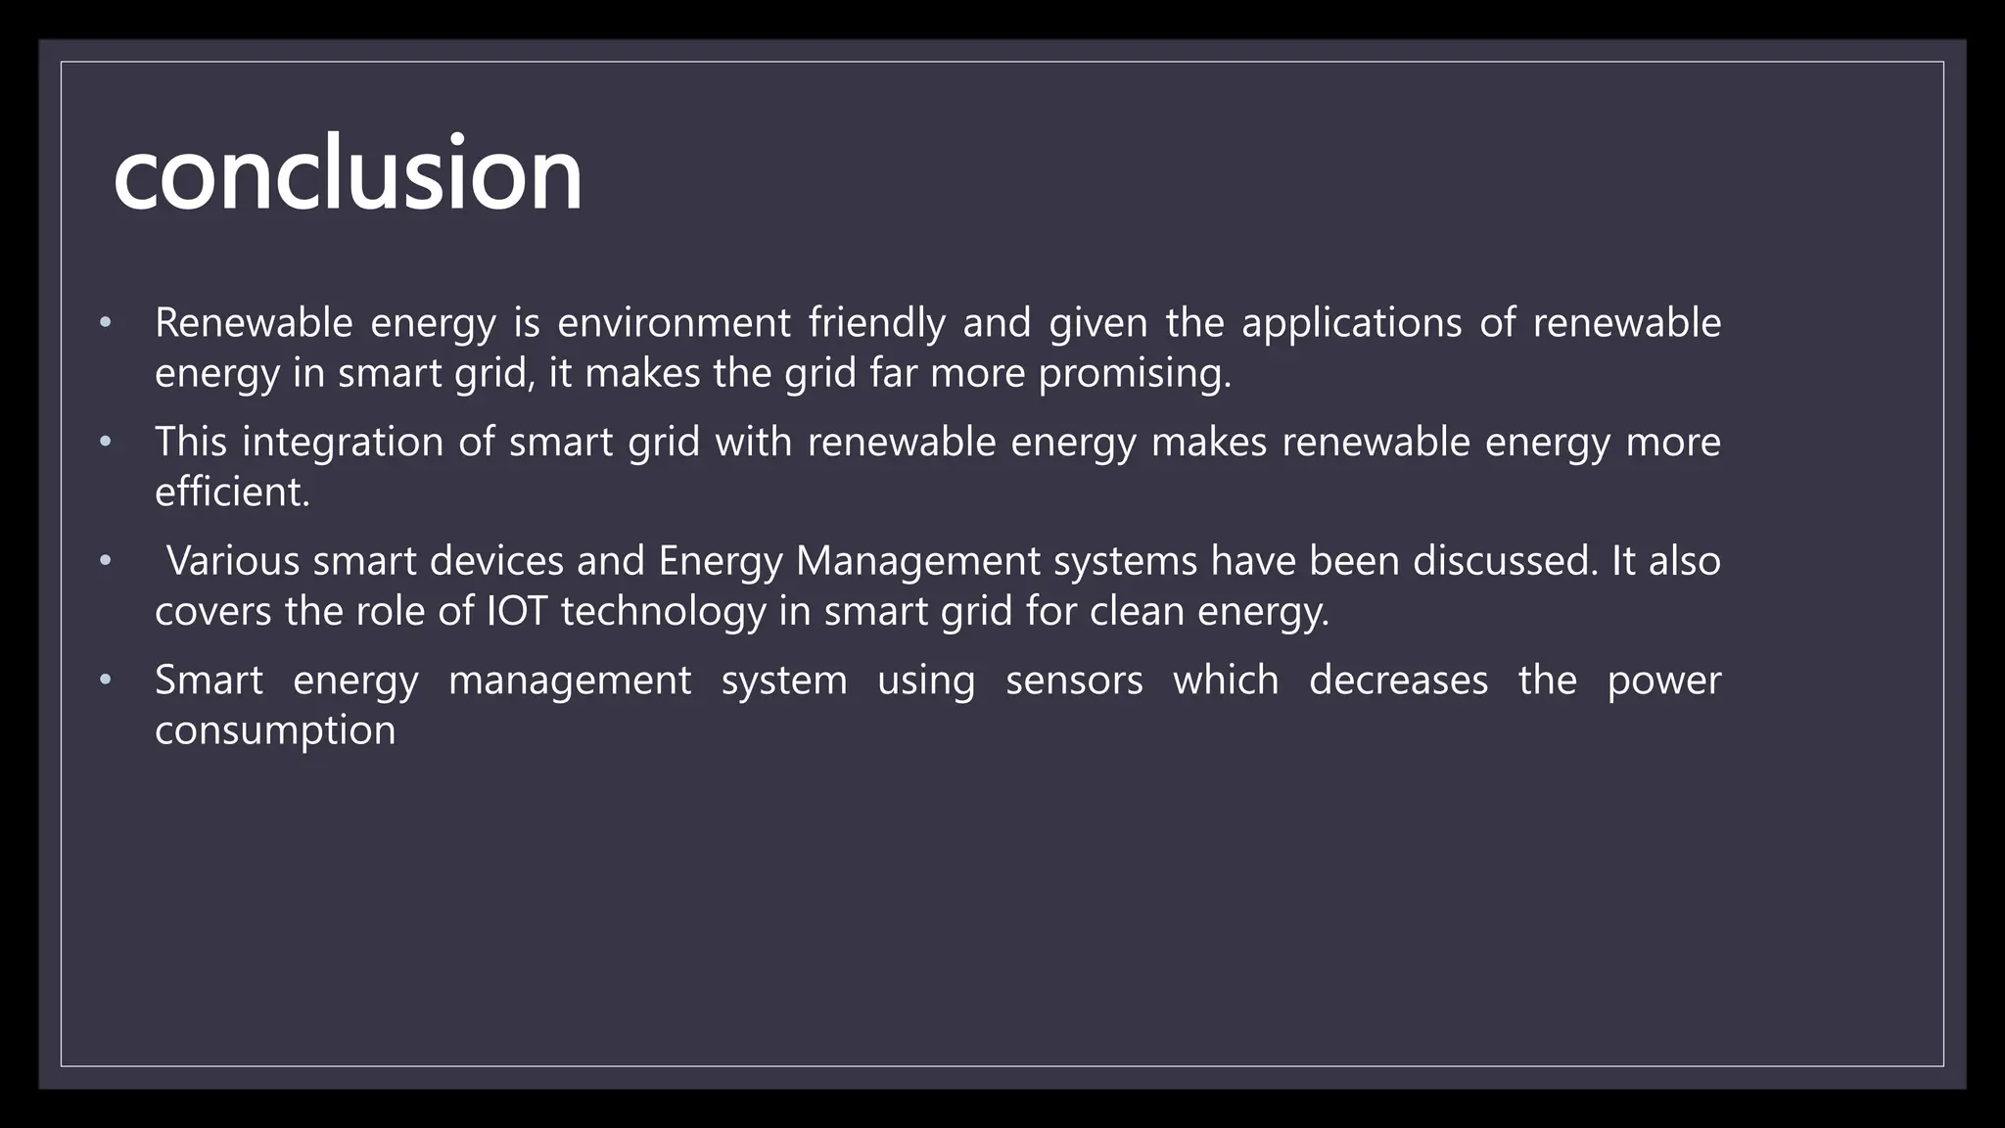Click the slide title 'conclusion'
click(348, 174)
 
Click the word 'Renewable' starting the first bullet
click(253, 323)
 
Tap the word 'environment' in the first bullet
click(674, 323)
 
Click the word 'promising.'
click(1134, 375)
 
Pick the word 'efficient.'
click(232, 492)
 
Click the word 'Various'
click(233, 561)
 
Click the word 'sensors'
click(1074, 681)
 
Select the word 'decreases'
click(1398, 681)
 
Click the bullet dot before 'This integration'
click(106, 443)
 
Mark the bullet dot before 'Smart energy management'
click(106, 681)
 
